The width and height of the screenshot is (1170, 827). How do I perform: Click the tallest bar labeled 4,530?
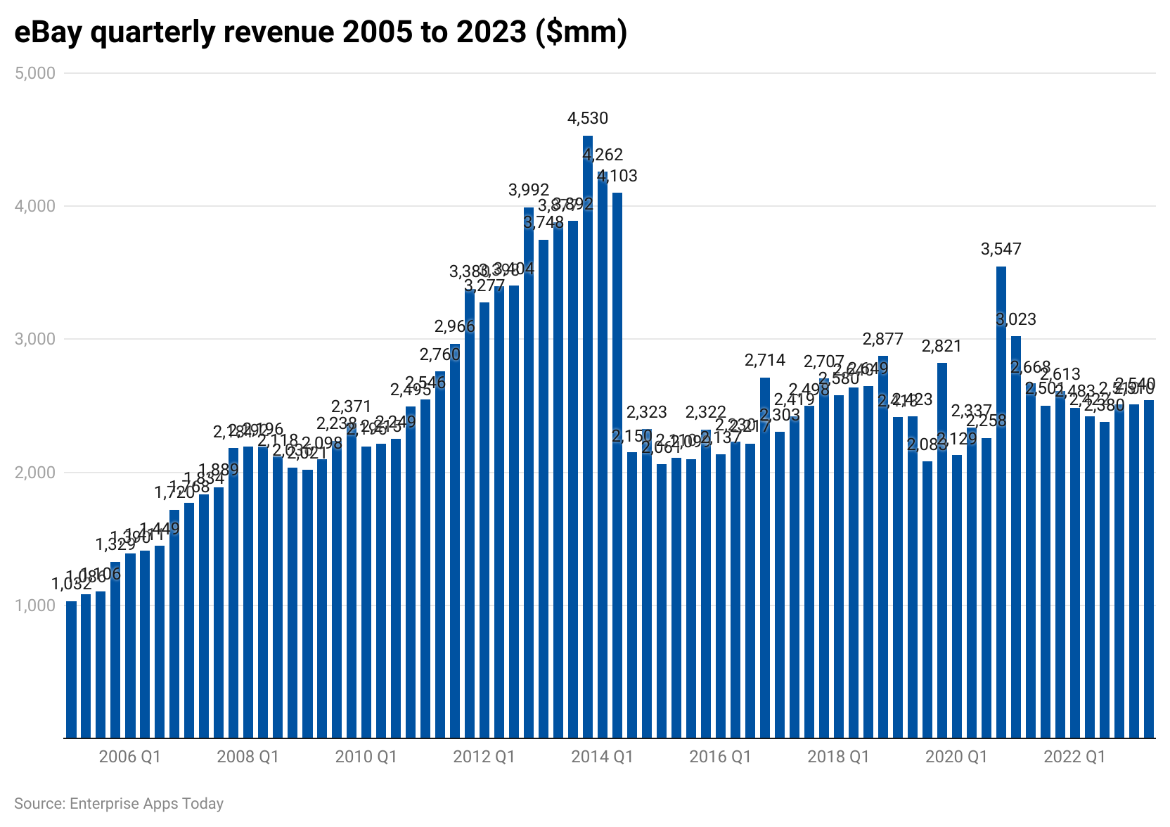[588, 436]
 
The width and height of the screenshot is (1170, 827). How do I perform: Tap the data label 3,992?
[529, 190]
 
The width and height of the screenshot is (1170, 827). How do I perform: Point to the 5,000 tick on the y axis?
[35, 73]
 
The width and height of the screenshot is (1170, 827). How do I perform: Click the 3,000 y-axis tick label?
[35, 339]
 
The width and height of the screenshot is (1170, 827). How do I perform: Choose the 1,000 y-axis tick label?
[35, 605]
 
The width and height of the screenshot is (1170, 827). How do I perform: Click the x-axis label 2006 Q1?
[130, 757]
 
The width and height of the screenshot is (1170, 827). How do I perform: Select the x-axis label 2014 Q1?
[602, 757]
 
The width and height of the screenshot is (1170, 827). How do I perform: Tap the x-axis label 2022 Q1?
[1074, 757]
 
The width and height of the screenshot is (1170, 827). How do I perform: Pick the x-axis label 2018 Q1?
[838, 757]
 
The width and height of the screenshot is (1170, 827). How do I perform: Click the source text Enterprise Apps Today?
[146, 804]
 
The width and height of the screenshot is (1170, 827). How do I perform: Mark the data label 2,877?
[883, 339]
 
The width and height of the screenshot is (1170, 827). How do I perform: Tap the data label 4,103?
[617, 176]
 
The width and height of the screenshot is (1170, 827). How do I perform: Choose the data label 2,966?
[455, 326]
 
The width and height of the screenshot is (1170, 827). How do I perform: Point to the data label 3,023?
[1016, 319]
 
